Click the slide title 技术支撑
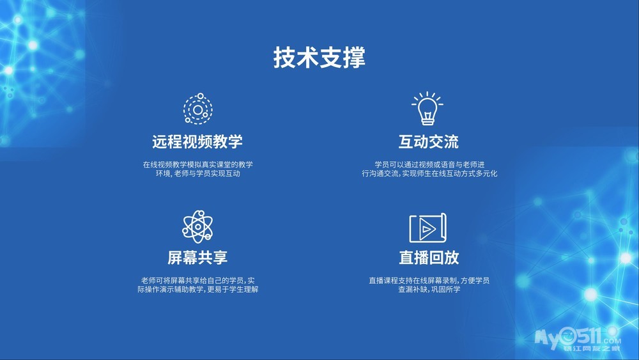pos(319,58)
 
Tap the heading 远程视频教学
pos(197,141)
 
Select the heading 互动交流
pos(429,141)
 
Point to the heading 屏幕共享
pos(197,257)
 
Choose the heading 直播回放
pos(429,257)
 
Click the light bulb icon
pos(427,108)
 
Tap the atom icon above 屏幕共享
pos(197,226)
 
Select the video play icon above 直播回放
pos(428,228)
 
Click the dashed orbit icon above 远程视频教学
pos(197,109)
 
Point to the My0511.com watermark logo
pos(578,339)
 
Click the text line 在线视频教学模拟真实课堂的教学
pos(197,165)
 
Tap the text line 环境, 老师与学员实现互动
pos(197,174)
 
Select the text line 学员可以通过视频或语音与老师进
pos(429,165)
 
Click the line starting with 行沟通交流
pos(429,174)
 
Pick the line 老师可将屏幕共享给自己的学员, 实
pos(197,281)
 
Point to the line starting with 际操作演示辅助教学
pos(197,290)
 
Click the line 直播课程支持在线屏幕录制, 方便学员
pos(429,281)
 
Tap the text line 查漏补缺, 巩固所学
pos(429,290)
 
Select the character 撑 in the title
pos(354,58)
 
